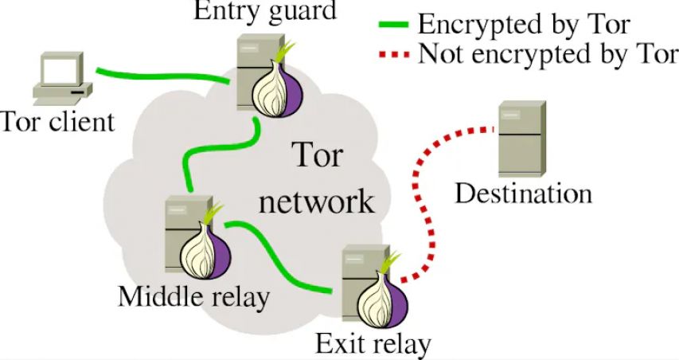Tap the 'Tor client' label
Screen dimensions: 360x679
pos(57,122)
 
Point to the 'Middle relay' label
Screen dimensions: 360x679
pos(193,296)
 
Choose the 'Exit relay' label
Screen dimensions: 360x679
pos(373,344)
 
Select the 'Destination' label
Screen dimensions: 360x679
pos(523,193)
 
